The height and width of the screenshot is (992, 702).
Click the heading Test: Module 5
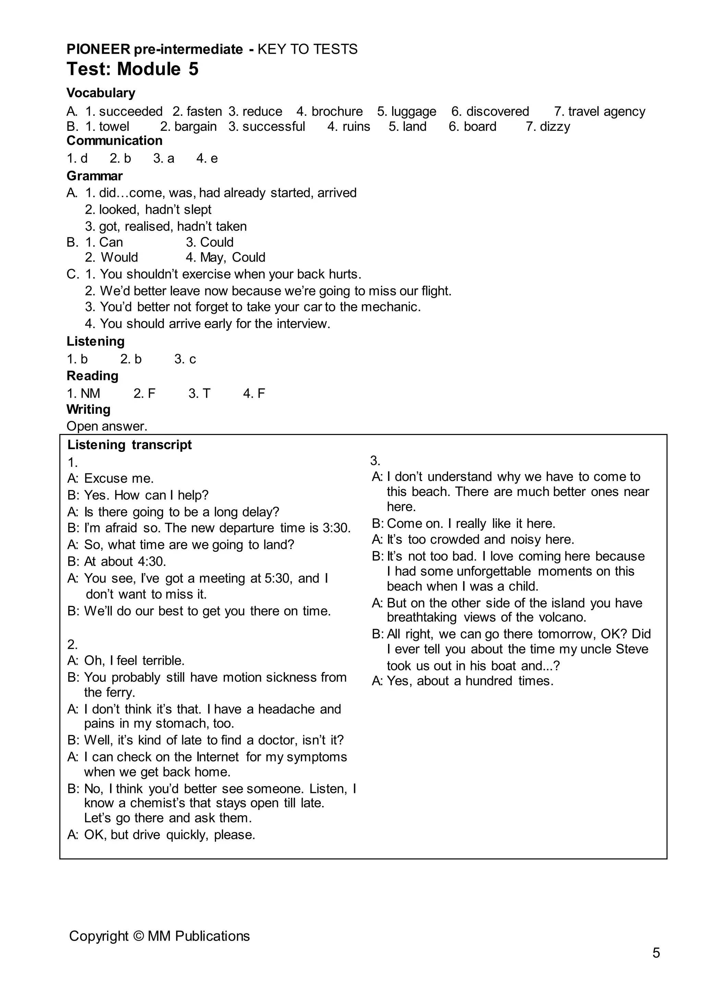(132, 69)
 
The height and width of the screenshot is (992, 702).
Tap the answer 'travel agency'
(606, 111)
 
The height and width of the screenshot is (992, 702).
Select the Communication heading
(114, 141)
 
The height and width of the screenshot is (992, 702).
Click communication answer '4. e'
(207, 159)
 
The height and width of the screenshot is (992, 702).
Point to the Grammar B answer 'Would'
(119, 258)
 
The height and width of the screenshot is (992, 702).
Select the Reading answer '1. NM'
(83, 394)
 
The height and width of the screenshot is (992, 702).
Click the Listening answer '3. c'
(185, 359)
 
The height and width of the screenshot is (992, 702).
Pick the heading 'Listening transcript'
(129, 445)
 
